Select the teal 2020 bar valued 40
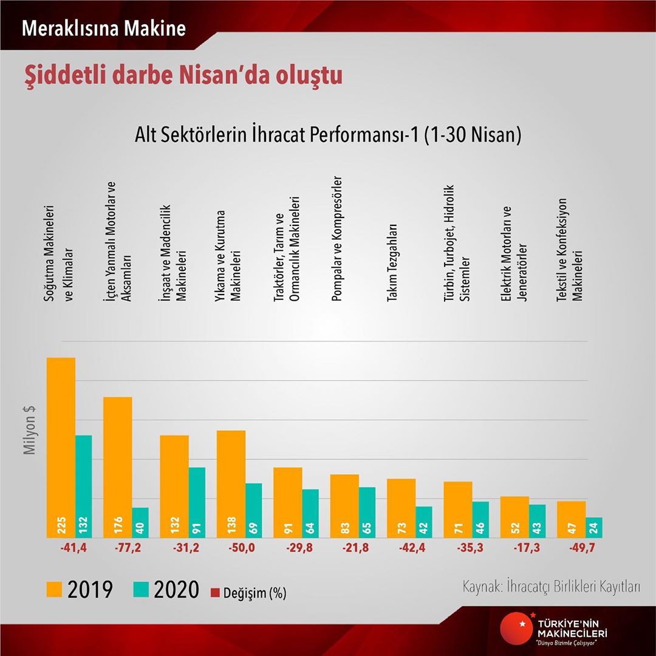140,522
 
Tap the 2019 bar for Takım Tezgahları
401,508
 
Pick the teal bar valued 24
593,527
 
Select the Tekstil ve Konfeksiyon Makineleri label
570,249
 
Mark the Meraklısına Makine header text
104,28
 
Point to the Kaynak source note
552,587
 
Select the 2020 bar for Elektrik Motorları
537,521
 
